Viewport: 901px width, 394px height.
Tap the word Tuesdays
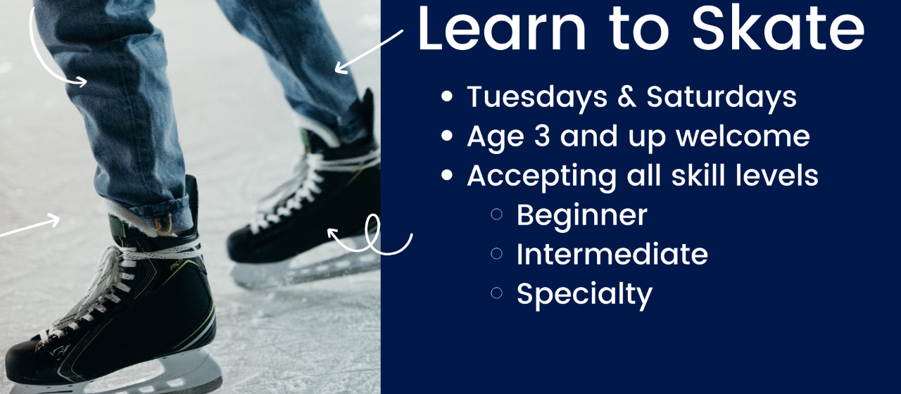(537, 97)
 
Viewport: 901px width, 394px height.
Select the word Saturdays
(722, 97)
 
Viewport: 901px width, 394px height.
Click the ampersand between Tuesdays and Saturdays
(626, 97)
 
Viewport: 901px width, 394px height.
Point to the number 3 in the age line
(542, 136)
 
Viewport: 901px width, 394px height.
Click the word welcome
(743, 136)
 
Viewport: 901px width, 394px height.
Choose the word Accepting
(541, 176)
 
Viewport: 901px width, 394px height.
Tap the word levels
(776, 175)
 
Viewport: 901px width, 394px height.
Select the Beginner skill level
(582, 215)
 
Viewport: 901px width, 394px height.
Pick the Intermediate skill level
(612, 254)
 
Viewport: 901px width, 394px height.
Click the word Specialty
(584, 294)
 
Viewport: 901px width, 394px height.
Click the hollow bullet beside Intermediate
(497, 254)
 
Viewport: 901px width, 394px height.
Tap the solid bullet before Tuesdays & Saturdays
(447, 97)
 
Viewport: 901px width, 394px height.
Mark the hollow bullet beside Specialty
(497, 293)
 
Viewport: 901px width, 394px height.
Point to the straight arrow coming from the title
(369, 51)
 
